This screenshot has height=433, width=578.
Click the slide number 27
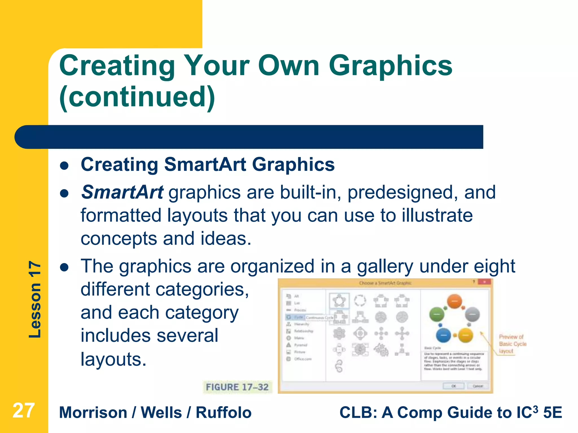pos(24,411)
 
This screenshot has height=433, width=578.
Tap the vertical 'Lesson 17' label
pos(35,299)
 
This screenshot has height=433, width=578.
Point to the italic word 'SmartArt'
pos(122,193)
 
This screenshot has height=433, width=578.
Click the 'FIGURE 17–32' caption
pos(237,387)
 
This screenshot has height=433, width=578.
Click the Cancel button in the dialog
pos(478,386)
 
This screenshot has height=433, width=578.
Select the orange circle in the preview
pos(454,301)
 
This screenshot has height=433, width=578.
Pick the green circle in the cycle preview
pos(437,314)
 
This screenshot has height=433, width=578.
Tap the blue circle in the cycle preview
pos(443,335)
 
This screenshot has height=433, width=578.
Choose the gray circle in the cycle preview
pos(472,314)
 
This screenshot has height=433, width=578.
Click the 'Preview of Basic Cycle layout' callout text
pos(512,344)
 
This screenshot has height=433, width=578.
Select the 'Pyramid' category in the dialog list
pos(300,345)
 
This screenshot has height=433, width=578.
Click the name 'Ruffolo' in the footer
pos(224,413)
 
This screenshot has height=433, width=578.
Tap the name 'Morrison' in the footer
pos(93,413)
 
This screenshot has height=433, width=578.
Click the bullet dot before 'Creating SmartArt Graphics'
pos(65,165)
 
